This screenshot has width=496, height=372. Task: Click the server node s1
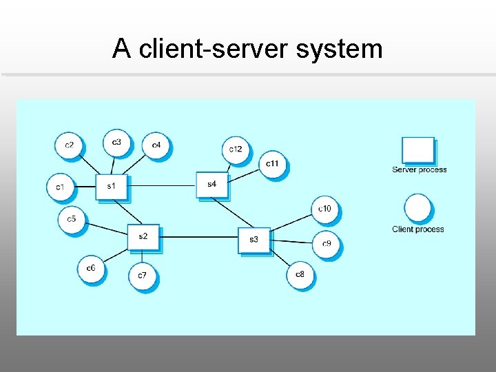(x=111, y=186)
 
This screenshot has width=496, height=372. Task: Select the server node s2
(x=143, y=236)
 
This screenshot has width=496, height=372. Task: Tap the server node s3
(x=254, y=239)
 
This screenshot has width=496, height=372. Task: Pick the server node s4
(x=211, y=184)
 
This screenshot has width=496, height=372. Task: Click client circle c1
(x=60, y=187)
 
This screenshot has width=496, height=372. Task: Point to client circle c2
(x=69, y=145)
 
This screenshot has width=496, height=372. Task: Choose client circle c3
(x=116, y=142)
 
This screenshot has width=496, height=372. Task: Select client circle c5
(x=71, y=220)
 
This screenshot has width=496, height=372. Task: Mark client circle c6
(x=91, y=268)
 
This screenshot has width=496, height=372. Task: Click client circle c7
(x=142, y=276)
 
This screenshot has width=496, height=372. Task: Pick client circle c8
(x=300, y=274)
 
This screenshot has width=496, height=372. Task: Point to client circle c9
(x=327, y=244)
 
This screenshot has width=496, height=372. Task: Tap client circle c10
(x=324, y=209)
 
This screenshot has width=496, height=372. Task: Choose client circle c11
(x=272, y=163)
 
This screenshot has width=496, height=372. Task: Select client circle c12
(x=236, y=149)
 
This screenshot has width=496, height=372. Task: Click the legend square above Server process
(x=418, y=150)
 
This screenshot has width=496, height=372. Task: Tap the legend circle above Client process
(x=417, y=208)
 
